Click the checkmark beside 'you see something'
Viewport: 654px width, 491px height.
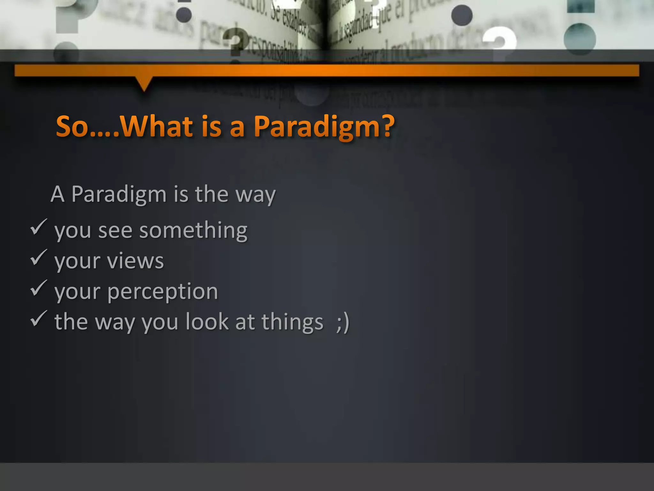tap(39, 227)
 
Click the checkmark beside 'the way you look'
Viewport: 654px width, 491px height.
tap(39, 319)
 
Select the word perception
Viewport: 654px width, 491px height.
tap(163, 292)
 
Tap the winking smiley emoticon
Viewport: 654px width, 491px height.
tap(343, 322)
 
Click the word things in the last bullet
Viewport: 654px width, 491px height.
tap(292, 322)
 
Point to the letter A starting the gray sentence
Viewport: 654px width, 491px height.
tap(57, 194)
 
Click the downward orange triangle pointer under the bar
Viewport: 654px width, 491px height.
tap(144, 84)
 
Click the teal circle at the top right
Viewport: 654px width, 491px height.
tap(580, 39)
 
